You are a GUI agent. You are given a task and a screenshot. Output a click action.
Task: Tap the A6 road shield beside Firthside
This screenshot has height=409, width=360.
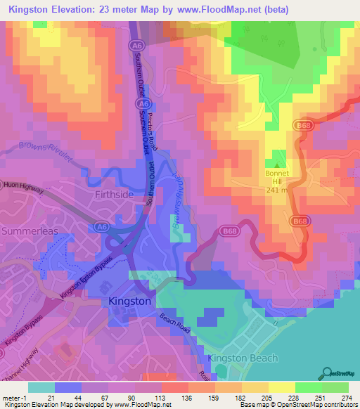[x=103, y=226]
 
